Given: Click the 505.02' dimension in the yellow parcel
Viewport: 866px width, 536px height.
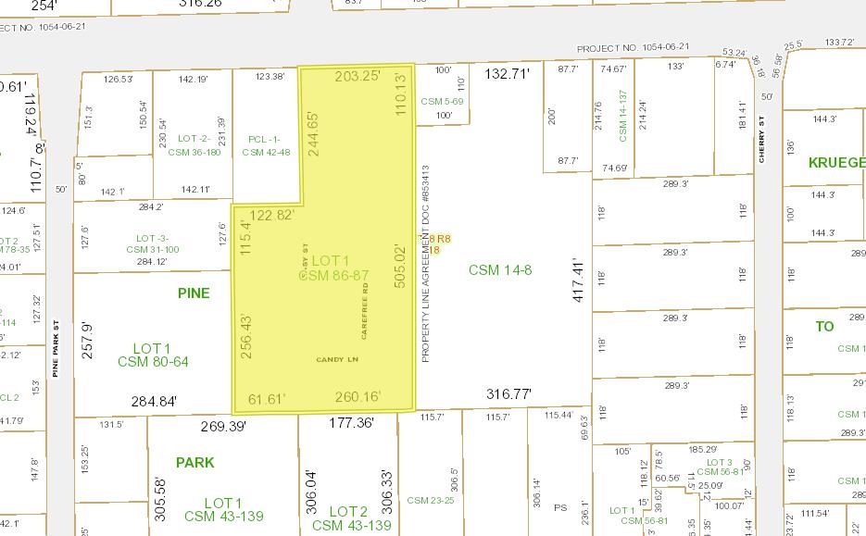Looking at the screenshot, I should [401, 266].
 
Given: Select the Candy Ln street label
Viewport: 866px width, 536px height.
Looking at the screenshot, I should [336, 359].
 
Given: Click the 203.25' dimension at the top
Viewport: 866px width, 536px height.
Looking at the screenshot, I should [358, 76].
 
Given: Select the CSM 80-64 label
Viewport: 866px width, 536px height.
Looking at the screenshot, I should [153, 361].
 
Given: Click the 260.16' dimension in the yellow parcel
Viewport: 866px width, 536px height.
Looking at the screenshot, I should [358, 398].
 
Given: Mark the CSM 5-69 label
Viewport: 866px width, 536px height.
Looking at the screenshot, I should [442, 100].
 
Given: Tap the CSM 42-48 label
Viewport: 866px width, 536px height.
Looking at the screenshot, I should [266, 152].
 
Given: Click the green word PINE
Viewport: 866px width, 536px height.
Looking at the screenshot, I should [194, 293].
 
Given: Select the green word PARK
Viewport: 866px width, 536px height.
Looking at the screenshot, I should [195, 462].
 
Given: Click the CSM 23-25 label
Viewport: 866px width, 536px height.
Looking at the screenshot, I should [430, 500].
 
